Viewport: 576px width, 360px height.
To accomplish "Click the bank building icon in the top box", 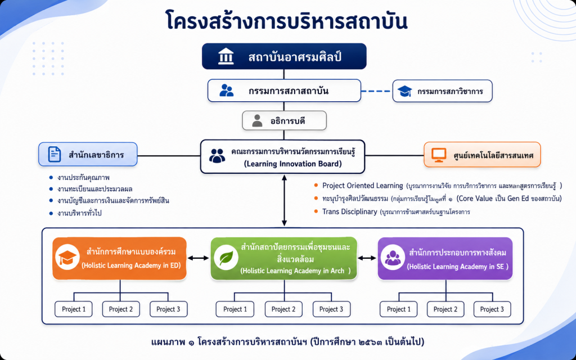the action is [226, 56].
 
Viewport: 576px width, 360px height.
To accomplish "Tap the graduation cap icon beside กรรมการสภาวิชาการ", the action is [404, 91].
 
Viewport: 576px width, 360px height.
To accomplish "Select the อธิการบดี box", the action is [284, 120].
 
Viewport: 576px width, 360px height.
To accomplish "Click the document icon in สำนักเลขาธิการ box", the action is [55, 154].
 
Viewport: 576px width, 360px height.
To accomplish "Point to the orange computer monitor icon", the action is [439, 155].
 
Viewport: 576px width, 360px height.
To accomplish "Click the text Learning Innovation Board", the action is [292, 164].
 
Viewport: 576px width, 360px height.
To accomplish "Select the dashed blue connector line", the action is [376, 91].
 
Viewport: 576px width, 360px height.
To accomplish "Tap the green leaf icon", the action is [226, 258].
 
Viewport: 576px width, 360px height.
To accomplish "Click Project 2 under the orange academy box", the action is [121, 309].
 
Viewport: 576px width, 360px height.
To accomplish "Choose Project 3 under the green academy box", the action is [331, 309].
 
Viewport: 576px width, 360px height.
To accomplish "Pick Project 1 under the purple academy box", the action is [399, 309].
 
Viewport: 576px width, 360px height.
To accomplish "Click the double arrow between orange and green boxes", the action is [199, 258].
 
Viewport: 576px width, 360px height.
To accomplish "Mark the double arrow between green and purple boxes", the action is [367, 258].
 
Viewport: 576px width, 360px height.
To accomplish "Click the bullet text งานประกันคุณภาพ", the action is [83, 178].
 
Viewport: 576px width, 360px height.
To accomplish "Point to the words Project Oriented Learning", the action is [363, 186].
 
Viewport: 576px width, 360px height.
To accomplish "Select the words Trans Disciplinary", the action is [350, 211].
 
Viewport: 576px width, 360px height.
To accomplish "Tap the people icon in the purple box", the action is [393, 258].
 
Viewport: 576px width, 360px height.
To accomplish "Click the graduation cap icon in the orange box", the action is [67, 258].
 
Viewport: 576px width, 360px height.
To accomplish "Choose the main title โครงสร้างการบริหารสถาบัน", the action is [286, 21].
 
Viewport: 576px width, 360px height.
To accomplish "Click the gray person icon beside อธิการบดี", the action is [257, 120].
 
